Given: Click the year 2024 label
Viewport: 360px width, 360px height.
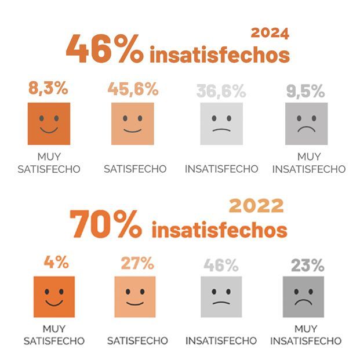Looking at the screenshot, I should point(270,33).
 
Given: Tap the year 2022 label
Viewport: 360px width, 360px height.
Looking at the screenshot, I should point(256,205).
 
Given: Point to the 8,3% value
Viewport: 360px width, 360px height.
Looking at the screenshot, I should point(48,89).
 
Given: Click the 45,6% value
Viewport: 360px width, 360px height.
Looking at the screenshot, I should point(133,89).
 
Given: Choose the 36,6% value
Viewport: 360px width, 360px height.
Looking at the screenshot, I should point(221,91).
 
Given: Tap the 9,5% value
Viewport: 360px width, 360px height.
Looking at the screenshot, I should point(306,91).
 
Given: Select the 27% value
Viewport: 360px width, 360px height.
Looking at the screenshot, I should point(137,263).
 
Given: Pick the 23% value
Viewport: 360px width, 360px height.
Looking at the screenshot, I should point(307,266).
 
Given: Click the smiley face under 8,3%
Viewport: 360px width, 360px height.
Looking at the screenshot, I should point(49,123).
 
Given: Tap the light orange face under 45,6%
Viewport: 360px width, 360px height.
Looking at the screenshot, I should point(133,123).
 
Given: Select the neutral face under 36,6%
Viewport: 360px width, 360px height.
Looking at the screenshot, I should point(221,123).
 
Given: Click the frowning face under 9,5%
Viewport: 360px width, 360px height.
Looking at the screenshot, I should point(306,123).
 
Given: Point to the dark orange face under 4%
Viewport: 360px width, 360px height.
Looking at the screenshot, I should point(54,296).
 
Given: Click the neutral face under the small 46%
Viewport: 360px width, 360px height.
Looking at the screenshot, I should point(221,296).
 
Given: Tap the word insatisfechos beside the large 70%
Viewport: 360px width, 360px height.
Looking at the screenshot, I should point(219,230).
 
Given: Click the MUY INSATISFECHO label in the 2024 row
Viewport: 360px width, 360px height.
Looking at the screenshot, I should point(308,163).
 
